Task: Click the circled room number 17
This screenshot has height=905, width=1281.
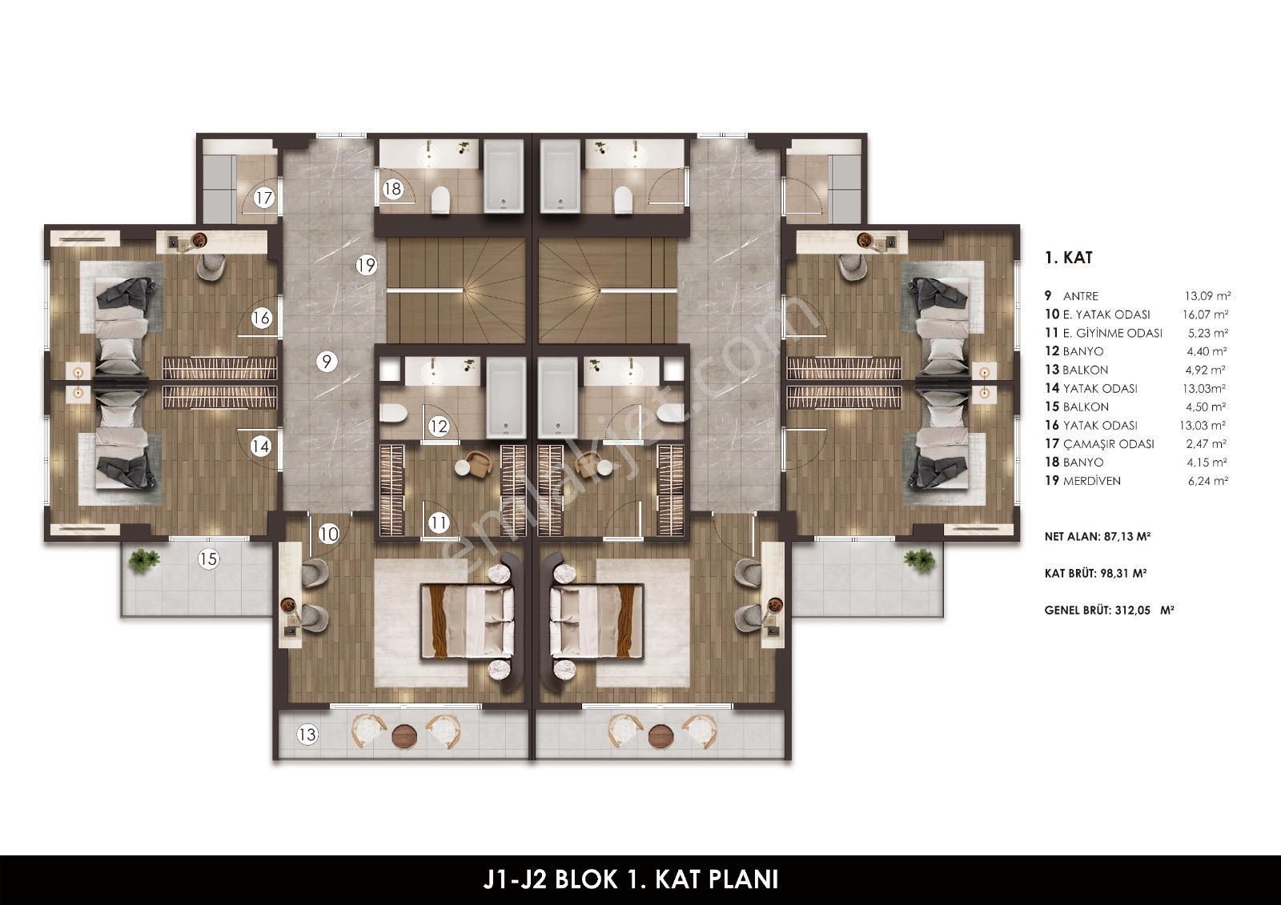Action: click(264, 198)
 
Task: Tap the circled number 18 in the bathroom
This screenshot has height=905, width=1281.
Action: click(393, 189)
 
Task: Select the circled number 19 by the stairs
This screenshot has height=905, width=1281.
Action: click(367, 266)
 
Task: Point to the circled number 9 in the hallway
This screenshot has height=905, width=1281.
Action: click(327, 362)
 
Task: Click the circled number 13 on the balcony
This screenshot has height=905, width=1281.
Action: click(307, 734)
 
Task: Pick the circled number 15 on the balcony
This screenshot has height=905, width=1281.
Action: click(209, 559)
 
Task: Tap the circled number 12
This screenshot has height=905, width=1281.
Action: click(439, 426)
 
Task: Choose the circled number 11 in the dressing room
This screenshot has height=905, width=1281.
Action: click(439, 523)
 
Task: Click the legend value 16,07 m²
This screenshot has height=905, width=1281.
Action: click(1206, 314)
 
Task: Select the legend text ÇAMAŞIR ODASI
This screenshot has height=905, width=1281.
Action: click(1108, 443)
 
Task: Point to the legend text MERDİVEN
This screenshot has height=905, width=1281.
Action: click(1092, 481)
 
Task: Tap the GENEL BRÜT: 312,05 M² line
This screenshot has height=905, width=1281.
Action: click(1110, 610)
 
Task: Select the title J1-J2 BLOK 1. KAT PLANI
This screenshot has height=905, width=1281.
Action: click(631, 879)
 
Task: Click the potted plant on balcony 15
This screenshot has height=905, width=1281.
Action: click(141, 561)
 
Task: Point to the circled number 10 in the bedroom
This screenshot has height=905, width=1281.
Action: click(329, 535)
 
